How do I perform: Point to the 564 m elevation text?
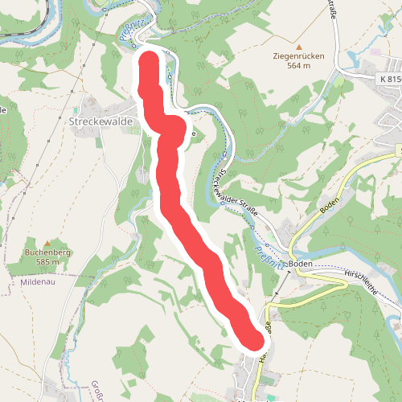coord(297,67)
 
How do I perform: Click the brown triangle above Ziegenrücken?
coord(297,46)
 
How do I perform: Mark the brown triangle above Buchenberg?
coord(47,242)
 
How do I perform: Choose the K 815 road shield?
coord(389,79)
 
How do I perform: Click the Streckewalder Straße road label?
coord(236,194)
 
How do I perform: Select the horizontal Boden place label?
coord(300,264)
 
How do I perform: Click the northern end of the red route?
coord(149,61)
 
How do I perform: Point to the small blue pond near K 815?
coord(374,51)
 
